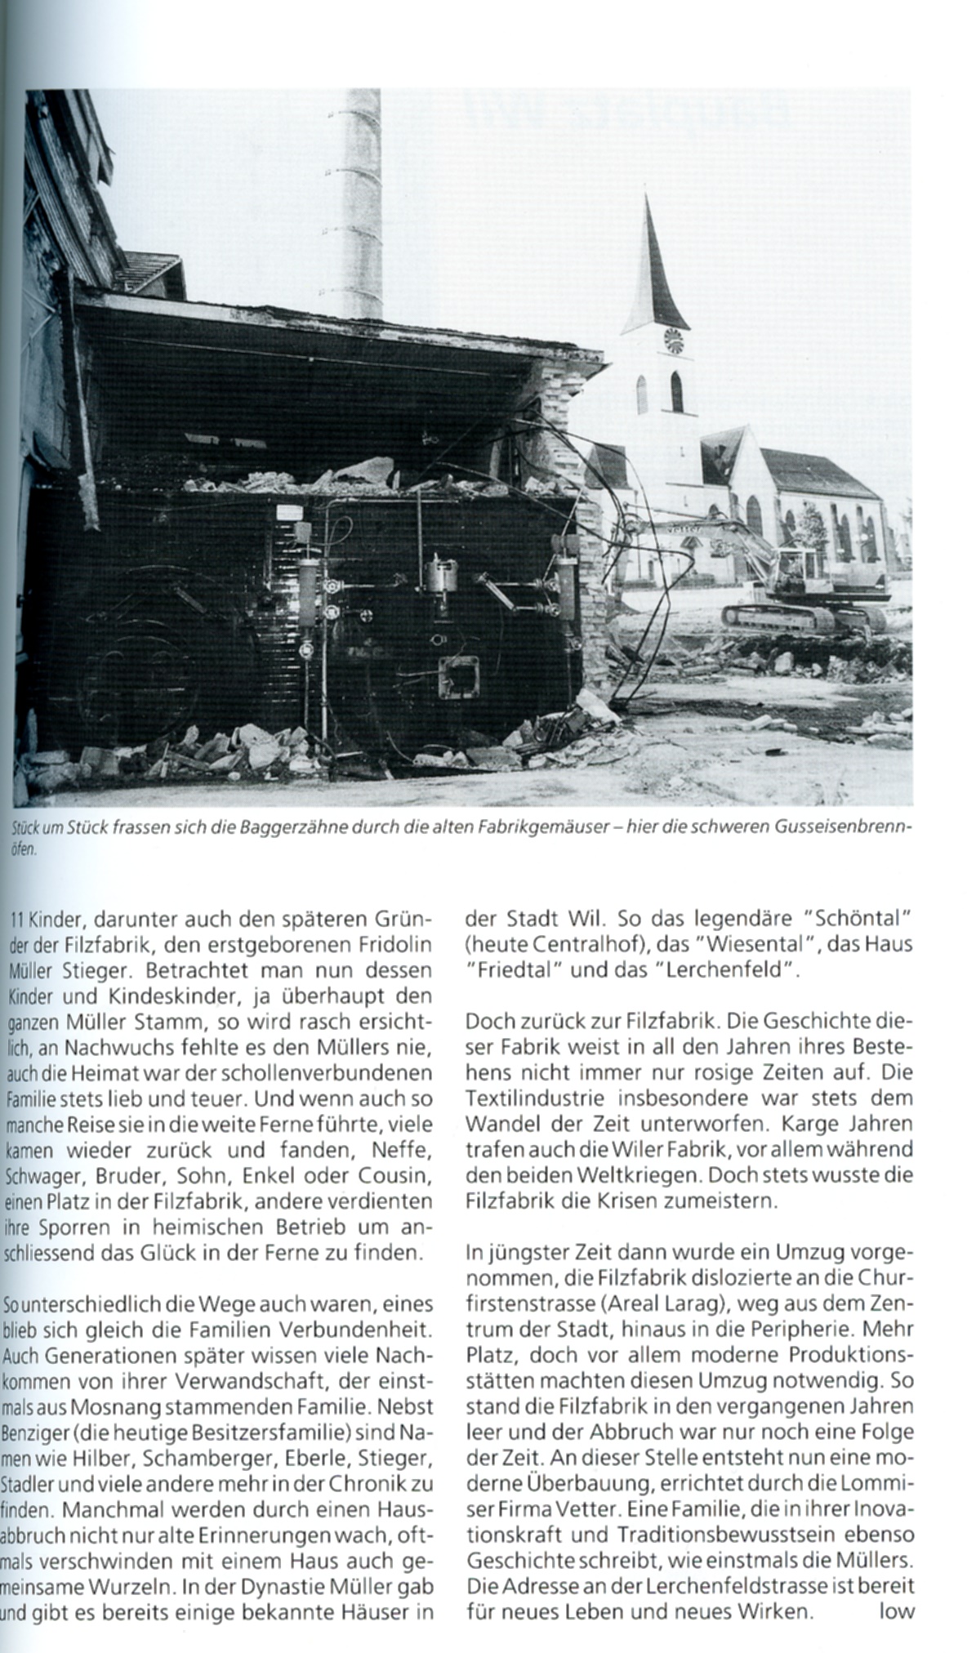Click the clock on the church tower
coord(675,340)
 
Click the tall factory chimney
coord(354,204)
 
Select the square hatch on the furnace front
coord(461,677)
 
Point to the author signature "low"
coord(896,1589)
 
